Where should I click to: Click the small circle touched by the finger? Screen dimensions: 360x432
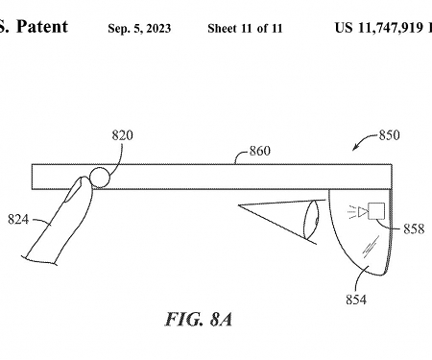click(100, 177)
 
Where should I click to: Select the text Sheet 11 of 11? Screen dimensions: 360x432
click(245, 28)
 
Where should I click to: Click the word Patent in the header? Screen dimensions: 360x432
click(42, 27)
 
